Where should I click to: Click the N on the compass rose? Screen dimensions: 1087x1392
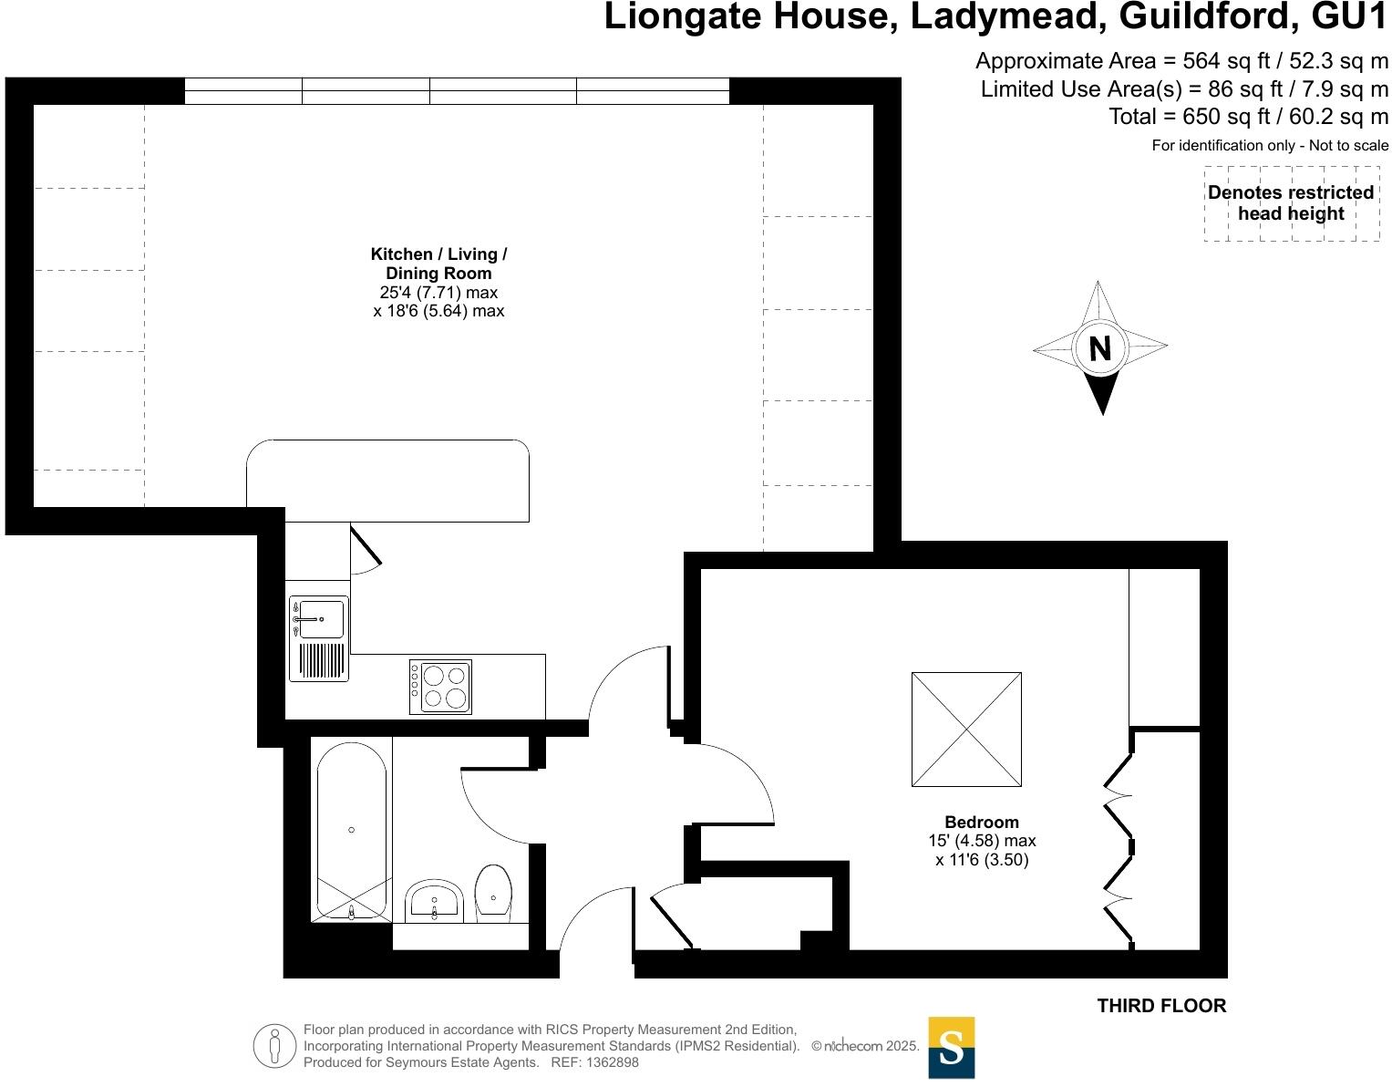[1099, 348]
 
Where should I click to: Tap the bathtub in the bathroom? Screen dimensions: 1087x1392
[352, 830]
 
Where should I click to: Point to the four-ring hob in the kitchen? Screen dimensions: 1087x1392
[441, 687]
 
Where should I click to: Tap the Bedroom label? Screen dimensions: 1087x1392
[981, 822]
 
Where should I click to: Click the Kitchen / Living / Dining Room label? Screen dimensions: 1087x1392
[438, 264]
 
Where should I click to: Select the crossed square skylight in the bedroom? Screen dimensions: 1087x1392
[966, 730]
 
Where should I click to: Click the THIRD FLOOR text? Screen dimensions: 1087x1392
[1161, 1006]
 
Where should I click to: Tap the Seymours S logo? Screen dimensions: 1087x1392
[951, 1047]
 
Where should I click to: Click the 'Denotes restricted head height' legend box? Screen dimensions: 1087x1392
[1291, 203]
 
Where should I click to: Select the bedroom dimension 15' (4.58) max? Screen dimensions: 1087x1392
[981, 841]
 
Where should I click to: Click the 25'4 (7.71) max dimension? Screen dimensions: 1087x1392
[438, 293]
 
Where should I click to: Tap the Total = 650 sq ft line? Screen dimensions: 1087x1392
[1248, 117]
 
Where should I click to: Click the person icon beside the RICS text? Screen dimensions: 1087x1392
[273, 1045]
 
